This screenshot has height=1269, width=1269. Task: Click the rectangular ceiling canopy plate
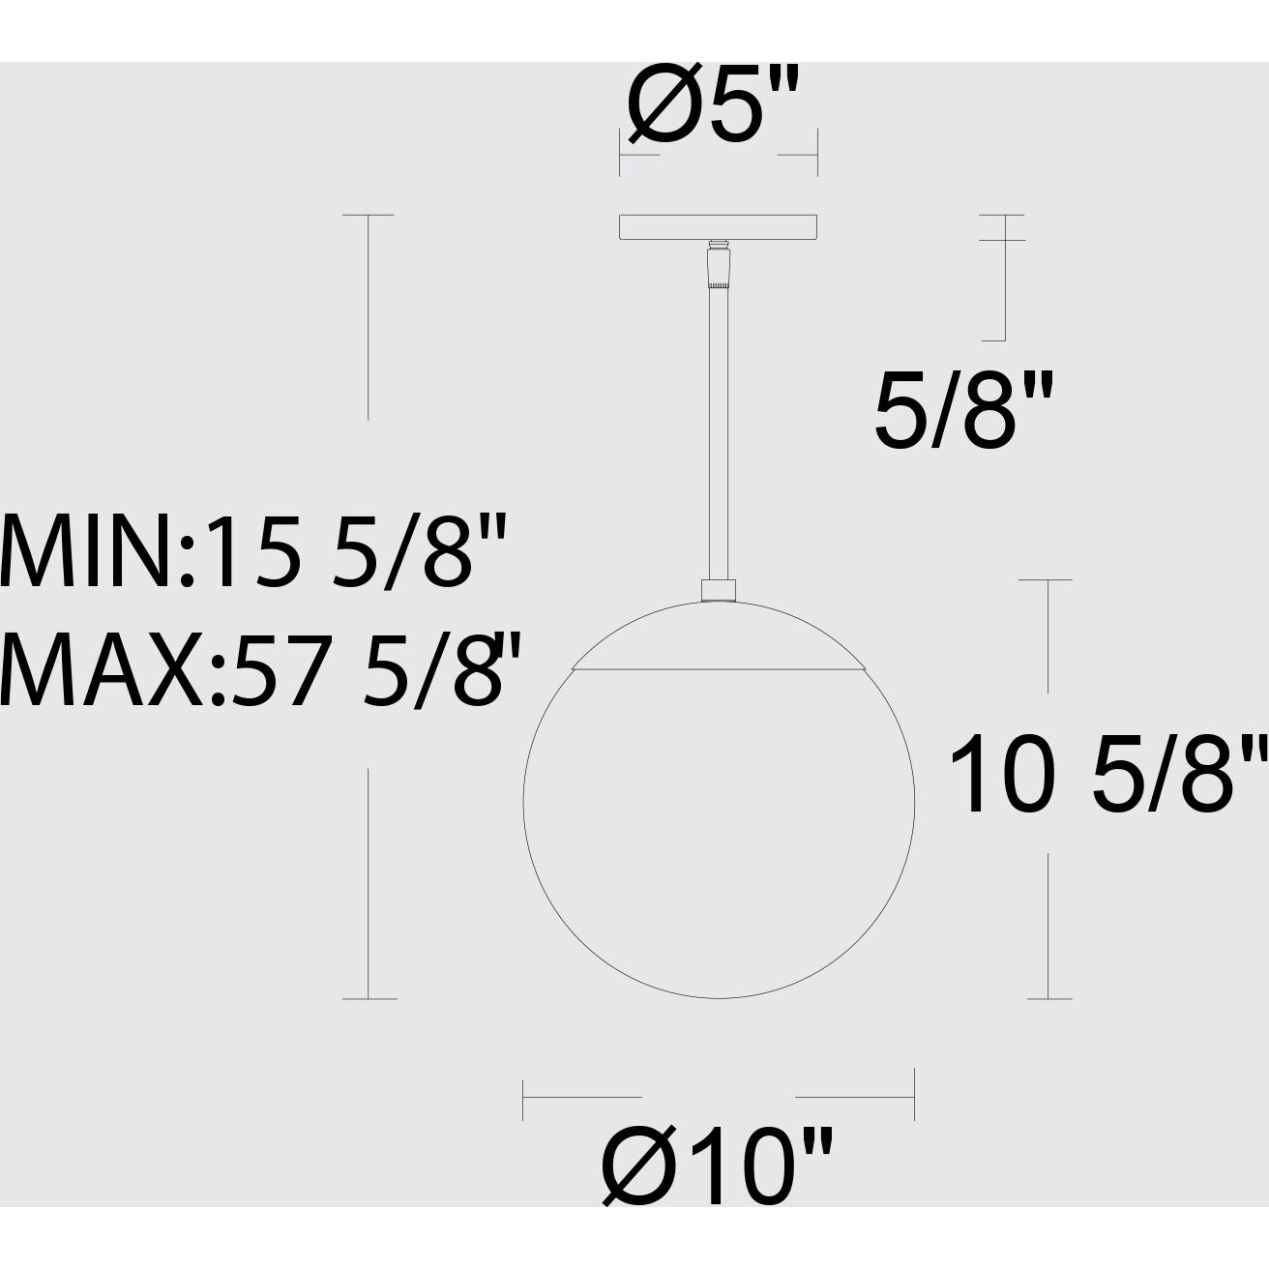tap(718, 226)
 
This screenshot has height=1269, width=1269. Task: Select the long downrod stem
tap(718, 435)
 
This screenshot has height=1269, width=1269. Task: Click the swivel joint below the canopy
tap(718, 267)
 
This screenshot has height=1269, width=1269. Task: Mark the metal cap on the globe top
tap(718, 638)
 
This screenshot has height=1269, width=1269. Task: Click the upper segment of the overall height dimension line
tap(368, 317)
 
